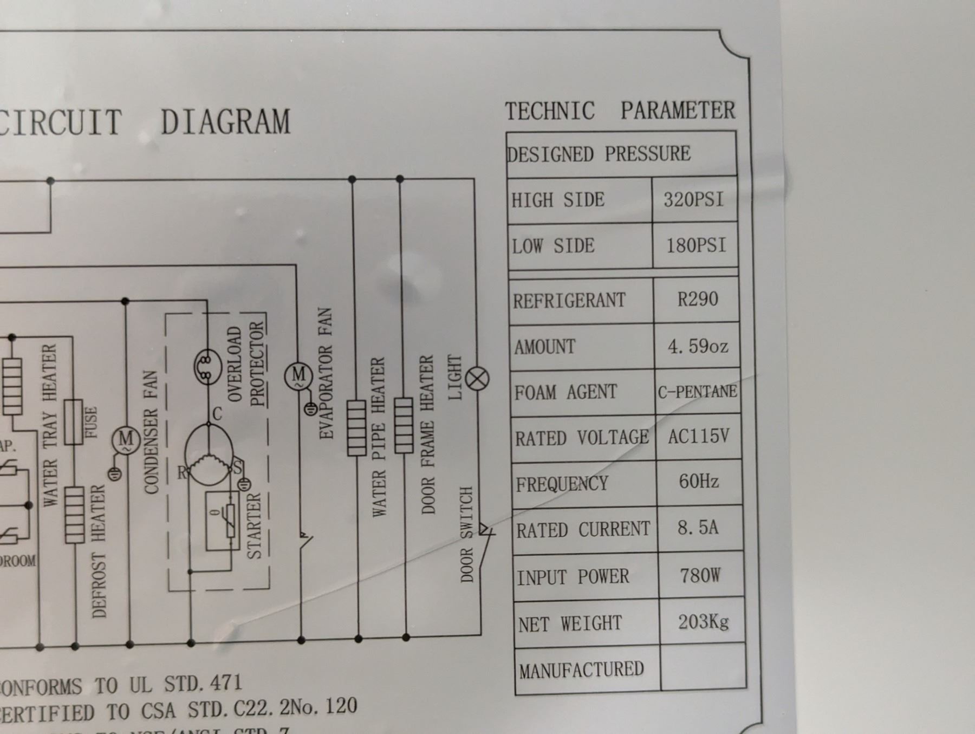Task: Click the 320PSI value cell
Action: [x=694, y=200]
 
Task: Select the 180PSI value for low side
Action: [x=695, y=246]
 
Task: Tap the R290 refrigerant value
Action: [x=697, y=300]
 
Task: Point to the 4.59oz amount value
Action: [x=698, y=346]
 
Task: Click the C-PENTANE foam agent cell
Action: [x=697, y=392]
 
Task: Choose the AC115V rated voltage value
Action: [x=698, y=437]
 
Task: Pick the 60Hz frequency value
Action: [x=699, y=482]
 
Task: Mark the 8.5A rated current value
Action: [x=698, y=528]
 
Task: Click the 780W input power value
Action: [x=700, y=575]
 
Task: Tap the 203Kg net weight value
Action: [x=703, y=621]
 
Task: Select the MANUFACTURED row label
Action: [x=581, y=670]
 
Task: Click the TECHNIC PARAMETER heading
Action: [x=620, y=111]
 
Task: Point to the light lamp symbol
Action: [x=477, y=379]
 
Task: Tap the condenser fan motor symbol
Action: [x=126, y=439]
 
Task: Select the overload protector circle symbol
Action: [x=207, y=367]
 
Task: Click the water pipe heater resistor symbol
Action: [x=356, y=428]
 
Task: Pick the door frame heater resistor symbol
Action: [x=404, y=425]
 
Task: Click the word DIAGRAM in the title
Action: [x=225, y=122]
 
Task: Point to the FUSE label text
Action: [x=91, y=423]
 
